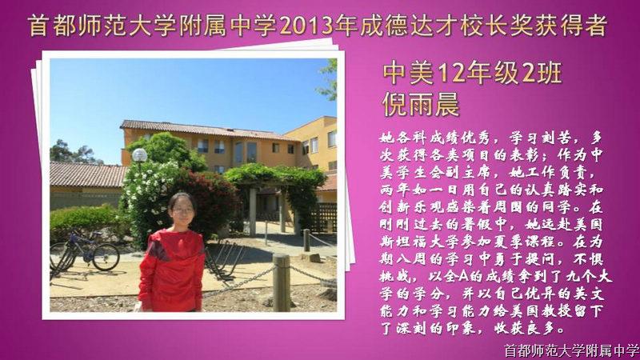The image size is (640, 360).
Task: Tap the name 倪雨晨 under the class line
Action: point(422,105)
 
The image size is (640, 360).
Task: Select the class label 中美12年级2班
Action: point(472,74)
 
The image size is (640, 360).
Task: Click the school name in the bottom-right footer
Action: point(571,350)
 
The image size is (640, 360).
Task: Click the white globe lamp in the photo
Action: point(139,155)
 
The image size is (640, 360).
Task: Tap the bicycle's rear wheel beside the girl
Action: point(106,257)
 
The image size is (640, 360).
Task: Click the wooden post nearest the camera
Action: point(282,282)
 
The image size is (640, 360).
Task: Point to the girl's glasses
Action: point(182,211)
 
